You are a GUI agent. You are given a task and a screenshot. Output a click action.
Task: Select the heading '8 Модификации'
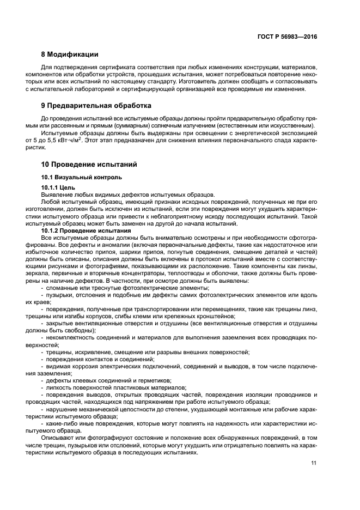pos(70,54)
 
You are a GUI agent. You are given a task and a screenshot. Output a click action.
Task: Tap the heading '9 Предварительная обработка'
pos(96,105)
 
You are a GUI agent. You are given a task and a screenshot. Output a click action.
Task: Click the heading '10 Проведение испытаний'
pos(89,164)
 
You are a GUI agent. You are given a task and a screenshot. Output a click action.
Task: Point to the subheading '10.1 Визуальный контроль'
pos(82,177)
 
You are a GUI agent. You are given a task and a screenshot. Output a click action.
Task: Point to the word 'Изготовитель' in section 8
pos(209,82)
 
